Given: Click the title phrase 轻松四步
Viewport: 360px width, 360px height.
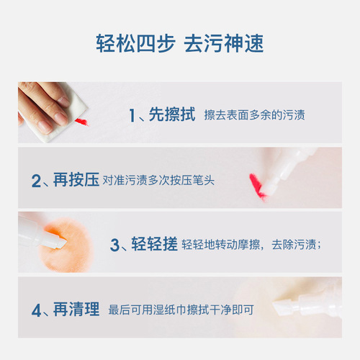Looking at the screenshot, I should point(135,42).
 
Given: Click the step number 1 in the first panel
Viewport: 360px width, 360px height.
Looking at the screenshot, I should point(132,115).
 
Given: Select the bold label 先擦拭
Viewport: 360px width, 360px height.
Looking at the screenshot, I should point(171,114).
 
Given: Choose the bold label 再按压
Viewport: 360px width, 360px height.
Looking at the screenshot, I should point(75,179).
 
